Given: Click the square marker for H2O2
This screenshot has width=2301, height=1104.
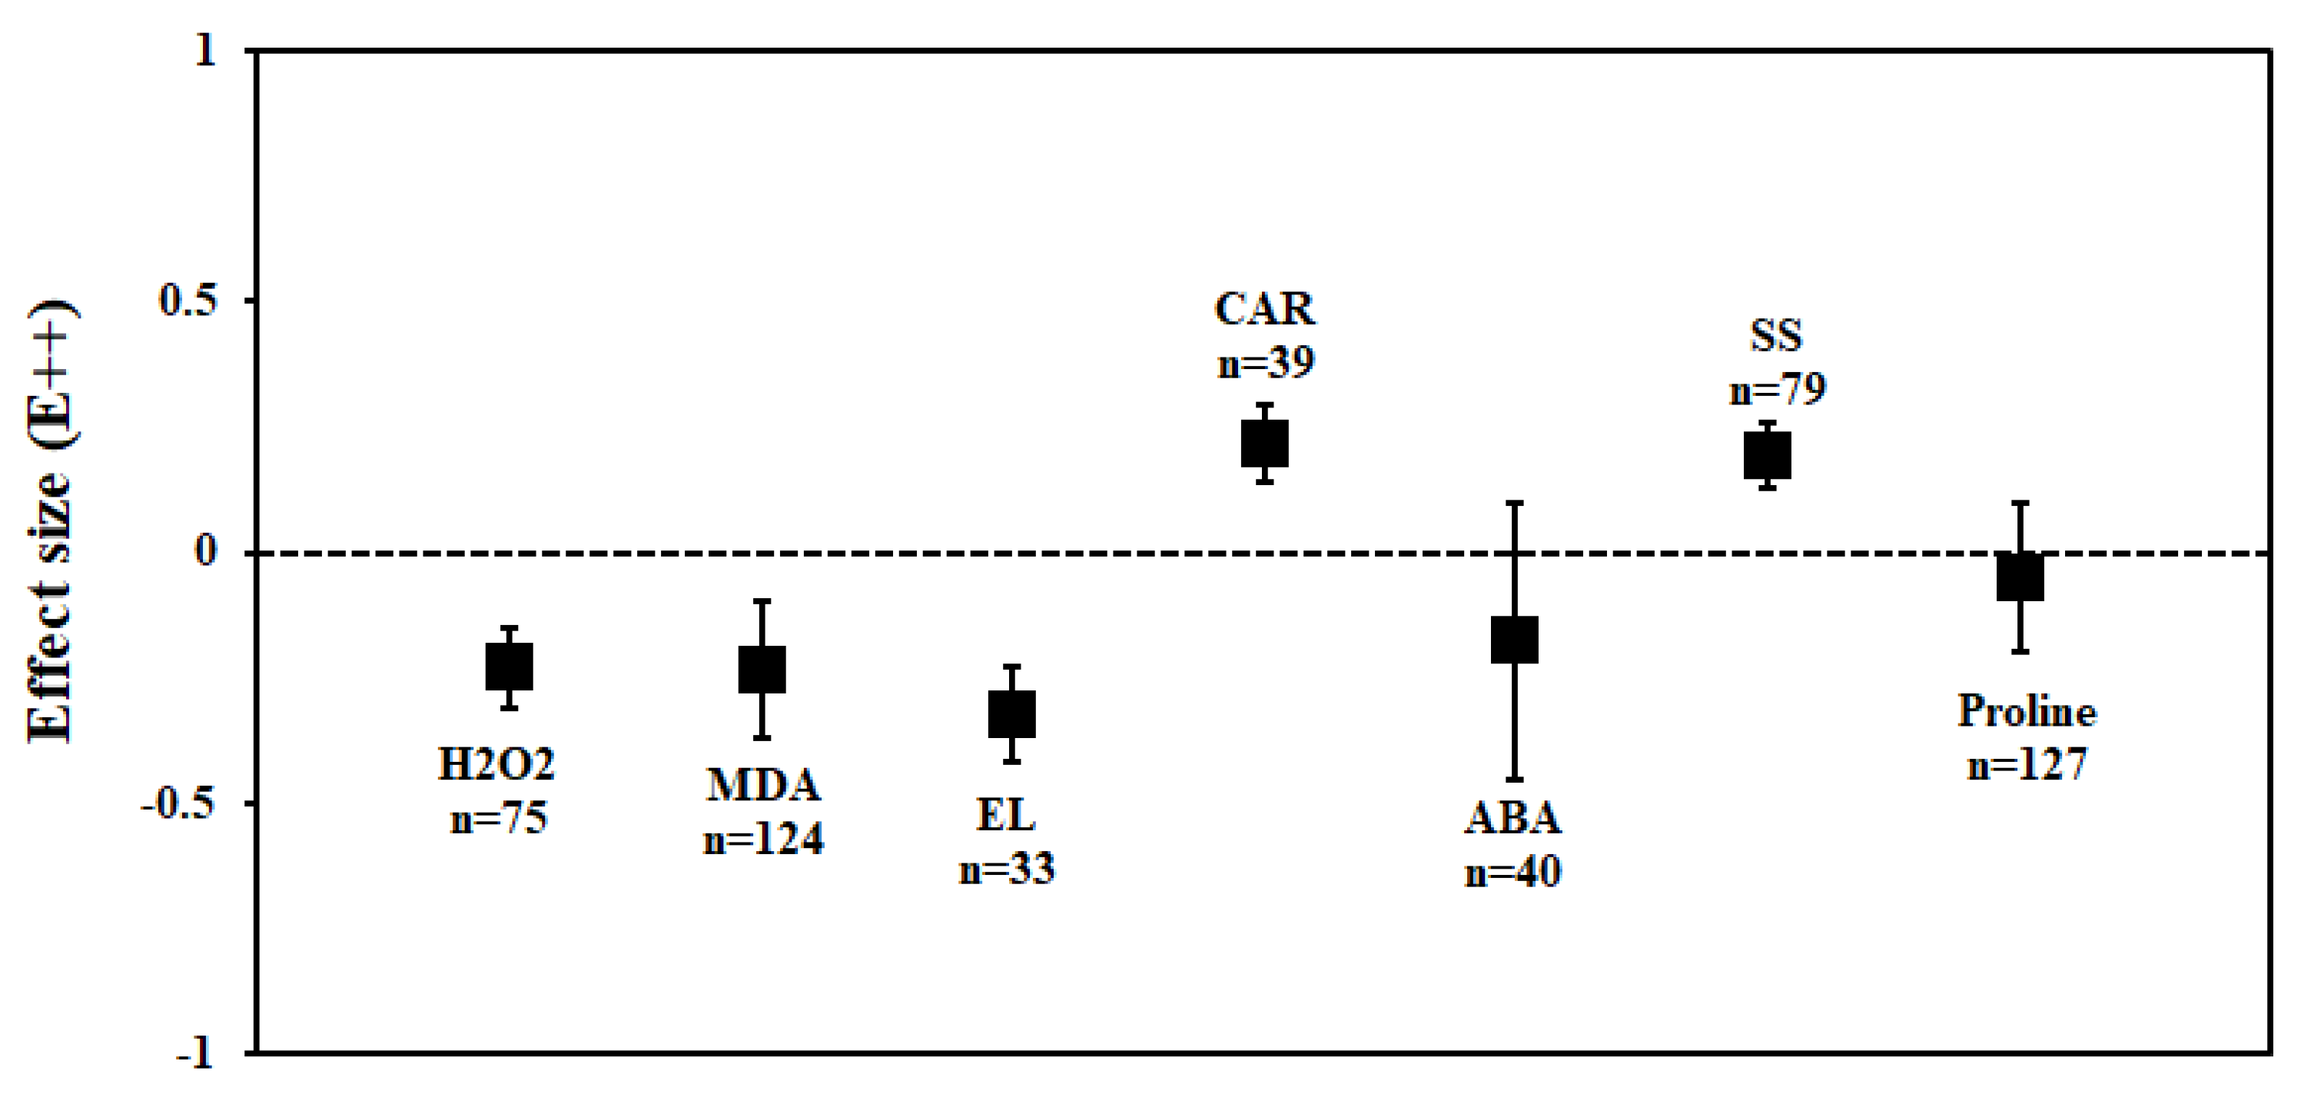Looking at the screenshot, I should click(x=508, y=667).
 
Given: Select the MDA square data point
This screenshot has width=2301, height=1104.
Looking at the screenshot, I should click(x=761, y=669).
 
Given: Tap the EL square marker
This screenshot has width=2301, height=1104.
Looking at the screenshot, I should click(x=1011, y=713).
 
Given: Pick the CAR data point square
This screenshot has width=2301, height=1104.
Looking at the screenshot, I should click(x=1264, y=443).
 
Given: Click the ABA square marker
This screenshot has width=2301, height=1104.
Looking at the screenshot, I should click(x=1514, y=640).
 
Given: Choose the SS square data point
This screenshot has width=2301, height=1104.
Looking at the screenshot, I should click(x=1767, y=454).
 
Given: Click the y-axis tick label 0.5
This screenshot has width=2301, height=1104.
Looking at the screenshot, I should click(x=188, y=300).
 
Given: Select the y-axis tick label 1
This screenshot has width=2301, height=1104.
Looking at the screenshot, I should click(x=205, y=50).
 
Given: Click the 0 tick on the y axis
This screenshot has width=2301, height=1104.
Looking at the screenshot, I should click(x=205, y=551).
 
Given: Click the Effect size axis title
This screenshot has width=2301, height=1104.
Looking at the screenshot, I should click(x=50, y=523).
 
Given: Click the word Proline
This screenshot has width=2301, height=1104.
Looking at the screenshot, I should click(x=2026, y=711).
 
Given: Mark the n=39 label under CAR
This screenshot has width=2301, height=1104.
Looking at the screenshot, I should click(x=1266, y=363).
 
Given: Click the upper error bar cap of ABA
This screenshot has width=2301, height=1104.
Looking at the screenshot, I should click(x=1514, y=503).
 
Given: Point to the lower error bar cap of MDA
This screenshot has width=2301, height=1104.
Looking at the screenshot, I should click(x=761, y=738).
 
